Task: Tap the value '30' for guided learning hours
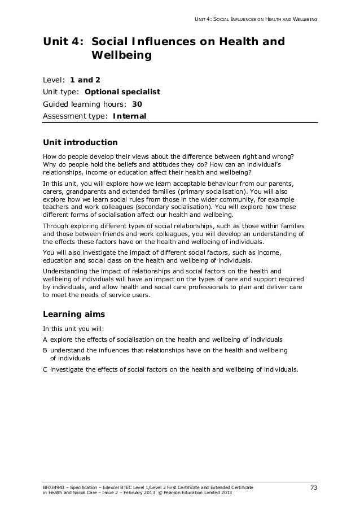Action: (137, 104)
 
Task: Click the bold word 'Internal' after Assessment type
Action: (129, 117)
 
